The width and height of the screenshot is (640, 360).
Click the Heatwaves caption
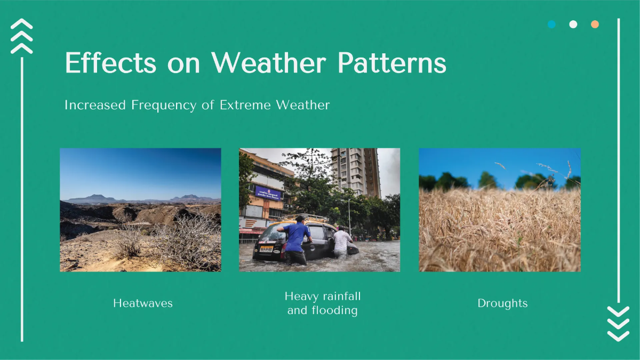click(x=143, y=303)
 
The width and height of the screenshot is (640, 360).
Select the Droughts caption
click(x=502, y=303)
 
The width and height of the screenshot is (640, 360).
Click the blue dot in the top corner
click(x=551, y=25)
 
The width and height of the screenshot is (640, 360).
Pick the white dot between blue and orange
click(x=573, y=25)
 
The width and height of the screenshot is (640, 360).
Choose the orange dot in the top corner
click(x=595, y=25)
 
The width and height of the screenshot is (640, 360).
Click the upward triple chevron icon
click(x=22, y=36)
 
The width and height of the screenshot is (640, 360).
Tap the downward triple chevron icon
click(x=618, y=324)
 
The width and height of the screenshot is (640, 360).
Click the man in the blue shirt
click(x=295, y=239)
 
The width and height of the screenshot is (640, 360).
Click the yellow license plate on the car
click(x=266, y=249)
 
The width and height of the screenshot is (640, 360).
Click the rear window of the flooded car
click(x=271, y=233)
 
